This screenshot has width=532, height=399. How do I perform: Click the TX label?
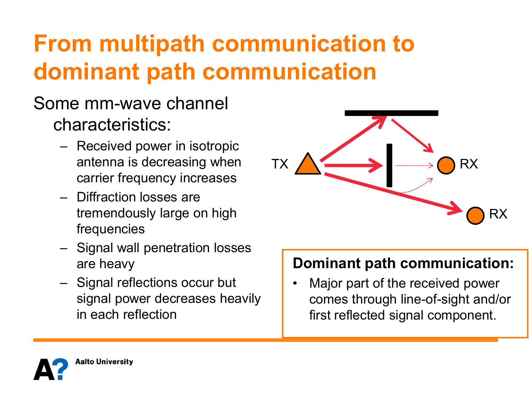[x=279, y=164]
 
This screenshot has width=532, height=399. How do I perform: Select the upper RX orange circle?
[x=446, y=165]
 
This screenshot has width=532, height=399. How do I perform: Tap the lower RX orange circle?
[x=475, y=215]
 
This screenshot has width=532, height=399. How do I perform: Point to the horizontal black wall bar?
[x=391, y=113]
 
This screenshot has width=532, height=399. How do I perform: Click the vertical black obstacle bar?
[x=389, y=165]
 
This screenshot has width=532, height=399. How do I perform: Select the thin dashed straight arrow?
[x=414, y=166]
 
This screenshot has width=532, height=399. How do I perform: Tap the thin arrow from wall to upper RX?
[x=412, y=136]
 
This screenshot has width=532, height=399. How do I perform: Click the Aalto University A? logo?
[x=51, y=369]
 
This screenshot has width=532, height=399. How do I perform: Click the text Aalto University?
[x=104, y=361]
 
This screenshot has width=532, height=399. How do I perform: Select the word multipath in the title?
[x=152, y=44]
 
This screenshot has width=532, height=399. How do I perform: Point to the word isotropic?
[x=214, y=146]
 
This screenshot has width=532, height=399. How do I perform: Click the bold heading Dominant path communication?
[x=403, y=263]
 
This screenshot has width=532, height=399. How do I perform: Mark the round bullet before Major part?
[x=295, y=283]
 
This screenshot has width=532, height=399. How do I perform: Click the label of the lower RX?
[x=498, y=214]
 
